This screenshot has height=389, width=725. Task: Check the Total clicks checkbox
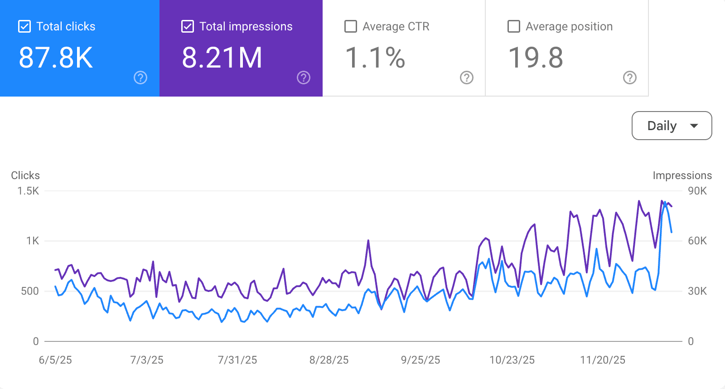[x=24, y=26]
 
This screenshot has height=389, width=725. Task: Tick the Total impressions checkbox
[x=188, y=26]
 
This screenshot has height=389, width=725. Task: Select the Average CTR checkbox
[x=351, y=26]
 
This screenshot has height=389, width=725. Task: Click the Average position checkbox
[x=514, y=26]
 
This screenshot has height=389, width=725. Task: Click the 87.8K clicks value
[x=56, y=58]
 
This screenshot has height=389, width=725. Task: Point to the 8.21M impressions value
[x=222, y=58]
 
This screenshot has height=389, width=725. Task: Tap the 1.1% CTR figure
[x=375, y=58]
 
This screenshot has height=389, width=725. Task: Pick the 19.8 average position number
[x=536, y=58]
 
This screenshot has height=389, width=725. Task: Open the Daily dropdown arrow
[x=694, y=126]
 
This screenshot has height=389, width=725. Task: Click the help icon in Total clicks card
[x=140, y=78]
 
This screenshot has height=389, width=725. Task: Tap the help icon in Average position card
[x=630, y=78]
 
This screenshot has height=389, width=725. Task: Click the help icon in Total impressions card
[x=304, y=78]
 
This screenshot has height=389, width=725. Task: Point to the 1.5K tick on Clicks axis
[x=28, y=191]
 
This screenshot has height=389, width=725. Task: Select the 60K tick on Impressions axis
[x=697, y=241]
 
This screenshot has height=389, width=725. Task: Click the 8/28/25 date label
[x=329, y=360]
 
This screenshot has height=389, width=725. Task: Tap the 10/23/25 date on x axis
[x=512, y=360]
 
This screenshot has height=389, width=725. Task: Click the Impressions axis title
[x=682, y=175]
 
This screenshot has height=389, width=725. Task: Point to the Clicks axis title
[x=25, y=175]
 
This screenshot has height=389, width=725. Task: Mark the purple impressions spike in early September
[x=368, y=241]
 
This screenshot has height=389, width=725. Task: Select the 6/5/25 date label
[x=55, y=360]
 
